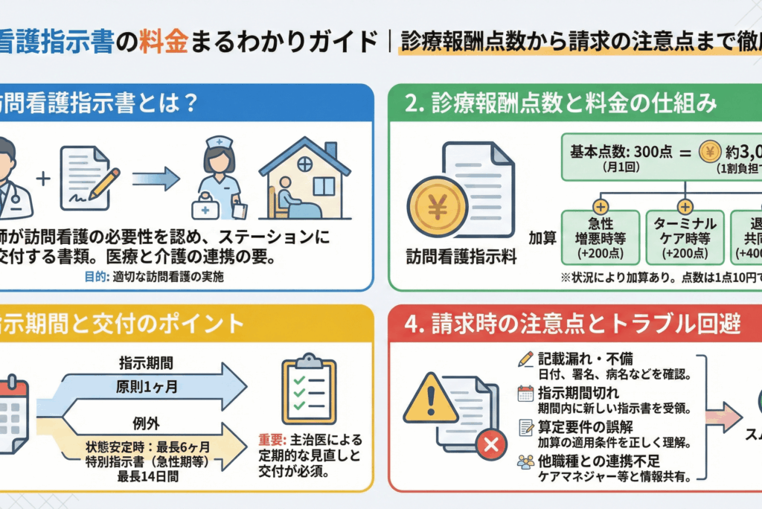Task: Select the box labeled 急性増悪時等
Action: coord(600,237)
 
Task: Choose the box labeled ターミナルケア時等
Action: coord(684,237)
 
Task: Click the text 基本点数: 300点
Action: coord(621,153)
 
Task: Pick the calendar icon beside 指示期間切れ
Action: coord(525,394)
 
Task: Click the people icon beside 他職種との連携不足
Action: coord(525,461)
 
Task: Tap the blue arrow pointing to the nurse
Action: coord(156,179)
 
